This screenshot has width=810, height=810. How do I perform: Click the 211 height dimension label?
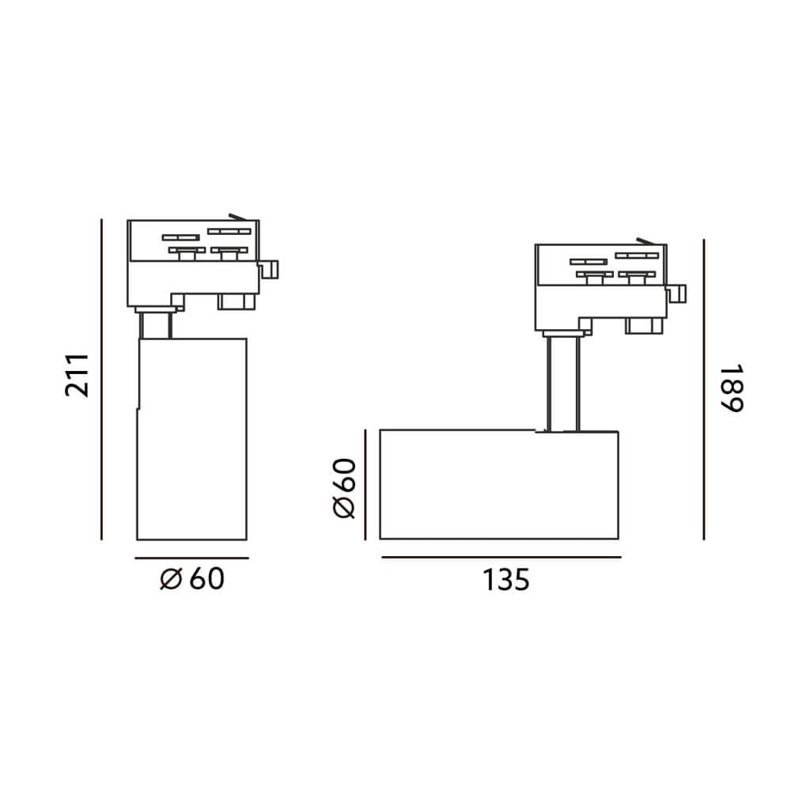(77, 376)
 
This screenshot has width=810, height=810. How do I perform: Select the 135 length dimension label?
(505, 580)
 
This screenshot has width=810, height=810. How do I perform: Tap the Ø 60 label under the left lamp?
(192, 578)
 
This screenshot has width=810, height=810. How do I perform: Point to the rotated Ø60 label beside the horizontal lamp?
(345, 488)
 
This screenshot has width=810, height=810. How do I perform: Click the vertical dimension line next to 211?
(101, 380)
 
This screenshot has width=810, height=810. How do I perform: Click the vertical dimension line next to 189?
(703, 389)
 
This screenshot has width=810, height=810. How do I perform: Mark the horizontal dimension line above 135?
(501, 558)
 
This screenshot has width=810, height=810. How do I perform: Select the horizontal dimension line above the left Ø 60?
(191, 558)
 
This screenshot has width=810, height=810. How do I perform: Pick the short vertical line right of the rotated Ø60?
(365, 485)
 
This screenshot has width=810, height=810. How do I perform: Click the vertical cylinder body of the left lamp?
(191, 440)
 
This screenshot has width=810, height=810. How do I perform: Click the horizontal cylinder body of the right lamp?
(499, 485)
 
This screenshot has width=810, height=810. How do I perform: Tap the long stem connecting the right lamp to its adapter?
(563, 384)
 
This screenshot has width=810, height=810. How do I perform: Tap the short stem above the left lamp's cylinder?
(155, 325)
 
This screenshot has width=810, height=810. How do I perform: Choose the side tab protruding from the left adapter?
(269, 269)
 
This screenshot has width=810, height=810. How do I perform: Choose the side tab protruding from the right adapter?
(676, 293)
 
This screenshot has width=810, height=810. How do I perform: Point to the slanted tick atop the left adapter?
(238, 217)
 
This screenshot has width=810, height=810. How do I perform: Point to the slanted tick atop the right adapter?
(646, 241)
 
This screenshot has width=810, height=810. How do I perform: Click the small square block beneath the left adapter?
(237, 301)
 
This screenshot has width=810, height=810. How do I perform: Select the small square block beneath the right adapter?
(644, 326)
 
